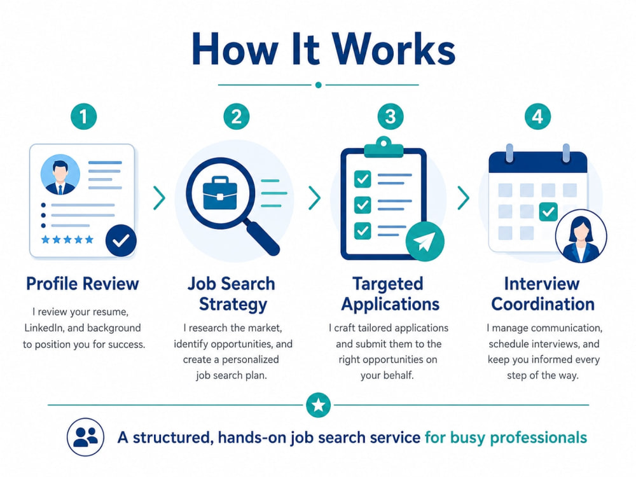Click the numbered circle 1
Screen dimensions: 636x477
83,116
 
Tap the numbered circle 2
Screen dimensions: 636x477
237,116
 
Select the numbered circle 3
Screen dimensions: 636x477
391,116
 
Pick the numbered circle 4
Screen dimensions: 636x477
537,116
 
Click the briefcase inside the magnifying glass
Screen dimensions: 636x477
220,193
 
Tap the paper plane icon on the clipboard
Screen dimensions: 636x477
425,241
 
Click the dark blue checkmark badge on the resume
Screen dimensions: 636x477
121,240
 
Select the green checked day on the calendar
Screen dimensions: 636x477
548,211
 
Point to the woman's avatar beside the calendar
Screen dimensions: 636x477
581,236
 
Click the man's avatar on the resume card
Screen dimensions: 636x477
60,174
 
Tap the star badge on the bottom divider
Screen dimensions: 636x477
319,404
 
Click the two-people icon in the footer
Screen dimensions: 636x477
86,437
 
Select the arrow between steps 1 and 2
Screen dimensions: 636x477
160,198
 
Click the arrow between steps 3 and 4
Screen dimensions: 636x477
463,198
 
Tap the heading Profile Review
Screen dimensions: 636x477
83,284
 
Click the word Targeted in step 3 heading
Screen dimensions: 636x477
388,284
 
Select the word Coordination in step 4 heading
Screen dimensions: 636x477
543,304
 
